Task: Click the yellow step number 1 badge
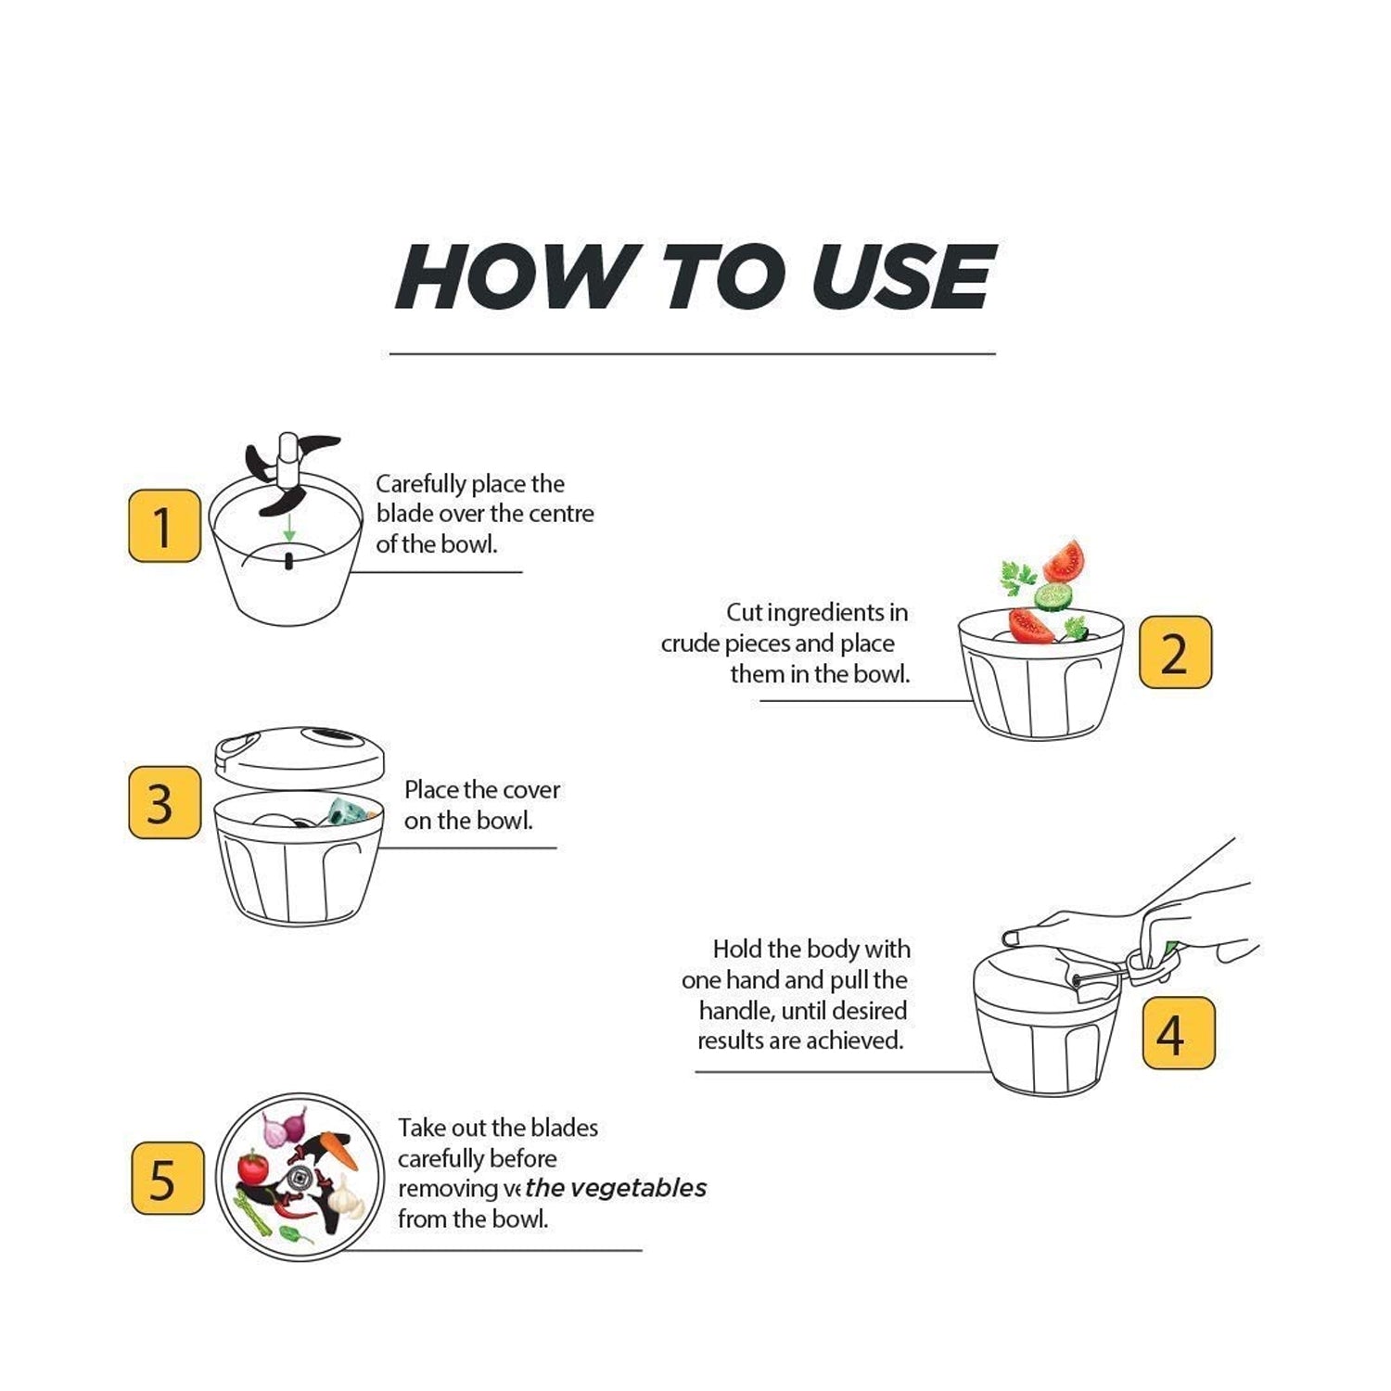[164, 526]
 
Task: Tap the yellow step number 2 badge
[1175, 652]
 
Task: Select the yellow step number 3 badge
[164, 803]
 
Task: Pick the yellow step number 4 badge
[1178, 1033]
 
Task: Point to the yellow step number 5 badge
[167, 1179]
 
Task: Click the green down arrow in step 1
[289, 530]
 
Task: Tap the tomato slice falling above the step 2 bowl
[1064, 560]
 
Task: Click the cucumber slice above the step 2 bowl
[1053, 595]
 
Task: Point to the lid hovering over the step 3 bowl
[299, 755]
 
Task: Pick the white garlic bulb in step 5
[345, 1197]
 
